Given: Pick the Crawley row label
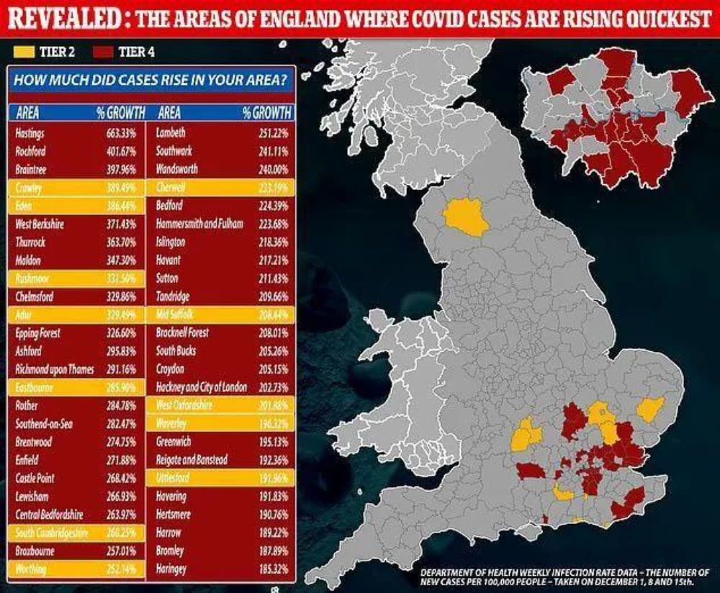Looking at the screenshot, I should coord(29,187).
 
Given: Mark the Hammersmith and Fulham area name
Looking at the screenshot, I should coord(199,224).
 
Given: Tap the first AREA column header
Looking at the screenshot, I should coord(27,113).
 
